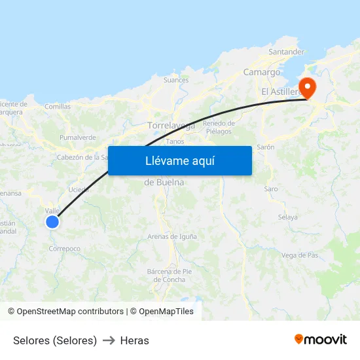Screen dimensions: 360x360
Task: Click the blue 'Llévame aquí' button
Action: [179, 160]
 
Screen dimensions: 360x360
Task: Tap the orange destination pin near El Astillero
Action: [306, 87]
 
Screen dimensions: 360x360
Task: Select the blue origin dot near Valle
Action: [52, 222]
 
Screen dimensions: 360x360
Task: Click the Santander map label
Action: [287, 52]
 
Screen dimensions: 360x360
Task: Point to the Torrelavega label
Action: [171, 125]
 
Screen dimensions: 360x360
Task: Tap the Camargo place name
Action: [262, 72]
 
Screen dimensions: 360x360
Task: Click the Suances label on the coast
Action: [175, 81]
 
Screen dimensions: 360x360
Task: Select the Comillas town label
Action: [58, 106]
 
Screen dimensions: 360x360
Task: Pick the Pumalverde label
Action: [78, 137]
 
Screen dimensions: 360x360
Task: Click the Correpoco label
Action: [65, 249]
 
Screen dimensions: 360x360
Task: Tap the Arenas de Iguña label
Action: [172, 236]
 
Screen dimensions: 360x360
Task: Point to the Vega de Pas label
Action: [300, 255]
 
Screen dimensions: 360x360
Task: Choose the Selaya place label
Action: [287, 217]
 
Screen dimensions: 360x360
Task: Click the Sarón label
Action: [265, 147]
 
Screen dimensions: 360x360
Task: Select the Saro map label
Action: [271, 189]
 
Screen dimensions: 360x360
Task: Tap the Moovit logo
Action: [321, 340]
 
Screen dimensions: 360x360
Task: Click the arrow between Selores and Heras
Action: [109, 340]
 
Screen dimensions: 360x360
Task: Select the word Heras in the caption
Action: [135, 340]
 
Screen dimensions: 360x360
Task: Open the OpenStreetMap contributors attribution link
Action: [70, 312]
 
